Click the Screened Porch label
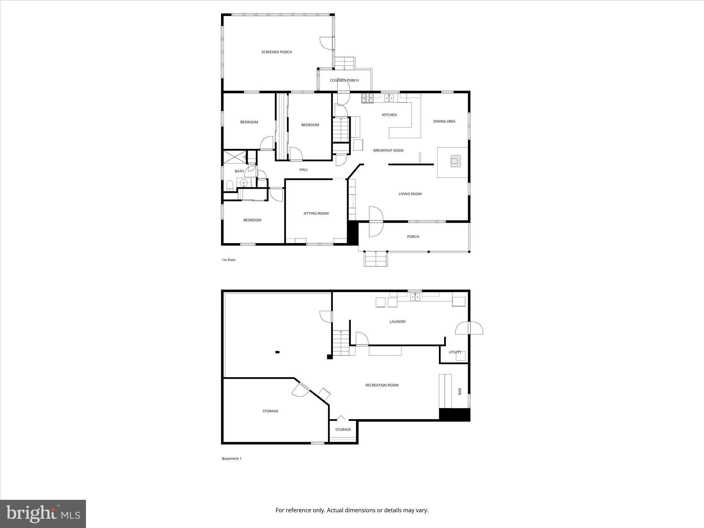pyautogui.click(x=276, y=52)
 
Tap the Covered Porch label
pyautogui.click(x=344, y=80)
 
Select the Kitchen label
pyautogui.click(x=389, y=115)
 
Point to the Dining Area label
pyautogui.click(x=444, y=121)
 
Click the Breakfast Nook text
pyautogui.click(x=388, y=151)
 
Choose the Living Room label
pyautogui.click(x=410, y=194)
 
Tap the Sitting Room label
pyautogui.click(x=316, y=213)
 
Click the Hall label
pyautogui.click(x=304, y=169)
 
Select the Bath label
pyautogui.click(x=239, y=171)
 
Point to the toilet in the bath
pyautogui.click(x=230, y=186)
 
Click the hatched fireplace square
pyautogui.click(x=456, y=161)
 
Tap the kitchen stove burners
pyautogui.click(x=367, y=98)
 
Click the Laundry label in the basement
pyautogui.click(x=398, y=322)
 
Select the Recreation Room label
pyautogui.click(x=382, y=385)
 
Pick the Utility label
pyautogui.click(x=455, y=352)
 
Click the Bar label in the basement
pyautogui.click(x=460, y=391)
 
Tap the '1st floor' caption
pyautogui.click(x=229, y=260)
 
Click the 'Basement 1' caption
pyautogui.click(x=232, y=459)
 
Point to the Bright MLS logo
pyautogui.click(x=43, y=514)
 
